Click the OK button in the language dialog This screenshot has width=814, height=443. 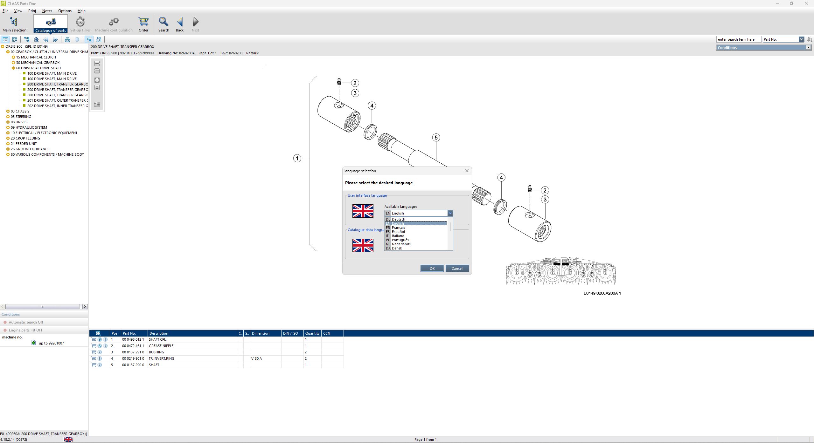(432, 269)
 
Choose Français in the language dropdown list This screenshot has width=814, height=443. (398, 228)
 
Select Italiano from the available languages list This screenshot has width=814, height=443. (398, 236)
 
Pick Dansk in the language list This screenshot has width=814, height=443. (397, 248)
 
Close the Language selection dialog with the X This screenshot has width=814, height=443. (467, 171)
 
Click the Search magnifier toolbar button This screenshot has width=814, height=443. (163, 24)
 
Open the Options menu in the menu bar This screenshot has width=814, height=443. (65, 11)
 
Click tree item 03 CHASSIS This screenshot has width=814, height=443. (20, 111)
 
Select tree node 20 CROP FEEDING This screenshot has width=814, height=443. (25, 138)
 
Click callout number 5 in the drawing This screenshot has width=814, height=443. (436, 138)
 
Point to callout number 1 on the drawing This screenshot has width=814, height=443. (297, 158)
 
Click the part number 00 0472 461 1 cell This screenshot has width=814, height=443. (133, 346)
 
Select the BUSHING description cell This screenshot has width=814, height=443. (156, 352)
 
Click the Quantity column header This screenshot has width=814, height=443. (312, 333)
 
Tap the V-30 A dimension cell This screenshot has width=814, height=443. (256, 358)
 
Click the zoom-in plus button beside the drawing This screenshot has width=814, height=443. (97, 64)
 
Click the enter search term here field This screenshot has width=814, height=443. (738, 39)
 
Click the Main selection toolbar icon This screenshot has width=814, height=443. (14, 24)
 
